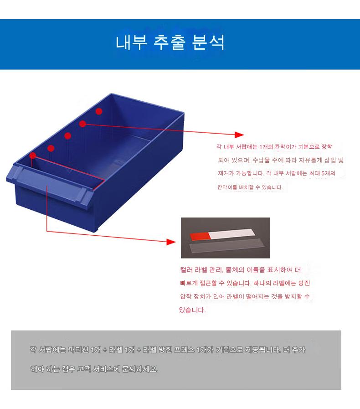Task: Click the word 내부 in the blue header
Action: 131,42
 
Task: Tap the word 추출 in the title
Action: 170,42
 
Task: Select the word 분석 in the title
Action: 208,42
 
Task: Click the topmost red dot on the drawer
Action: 99,111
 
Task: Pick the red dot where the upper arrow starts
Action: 82,124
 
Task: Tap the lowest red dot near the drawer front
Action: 33,156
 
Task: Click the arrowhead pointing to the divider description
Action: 239,135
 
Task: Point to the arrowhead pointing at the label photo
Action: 171,242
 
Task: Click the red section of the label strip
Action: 200,236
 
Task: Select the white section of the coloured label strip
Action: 232,233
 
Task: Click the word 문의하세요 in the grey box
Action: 140,369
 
